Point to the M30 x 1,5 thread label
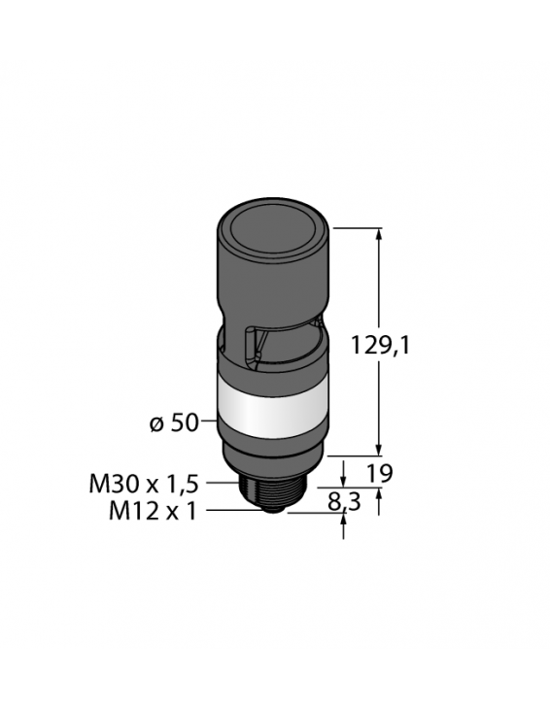coord(143,483)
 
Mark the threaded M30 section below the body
coord(273,481)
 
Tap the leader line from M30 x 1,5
coord(223,483)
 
